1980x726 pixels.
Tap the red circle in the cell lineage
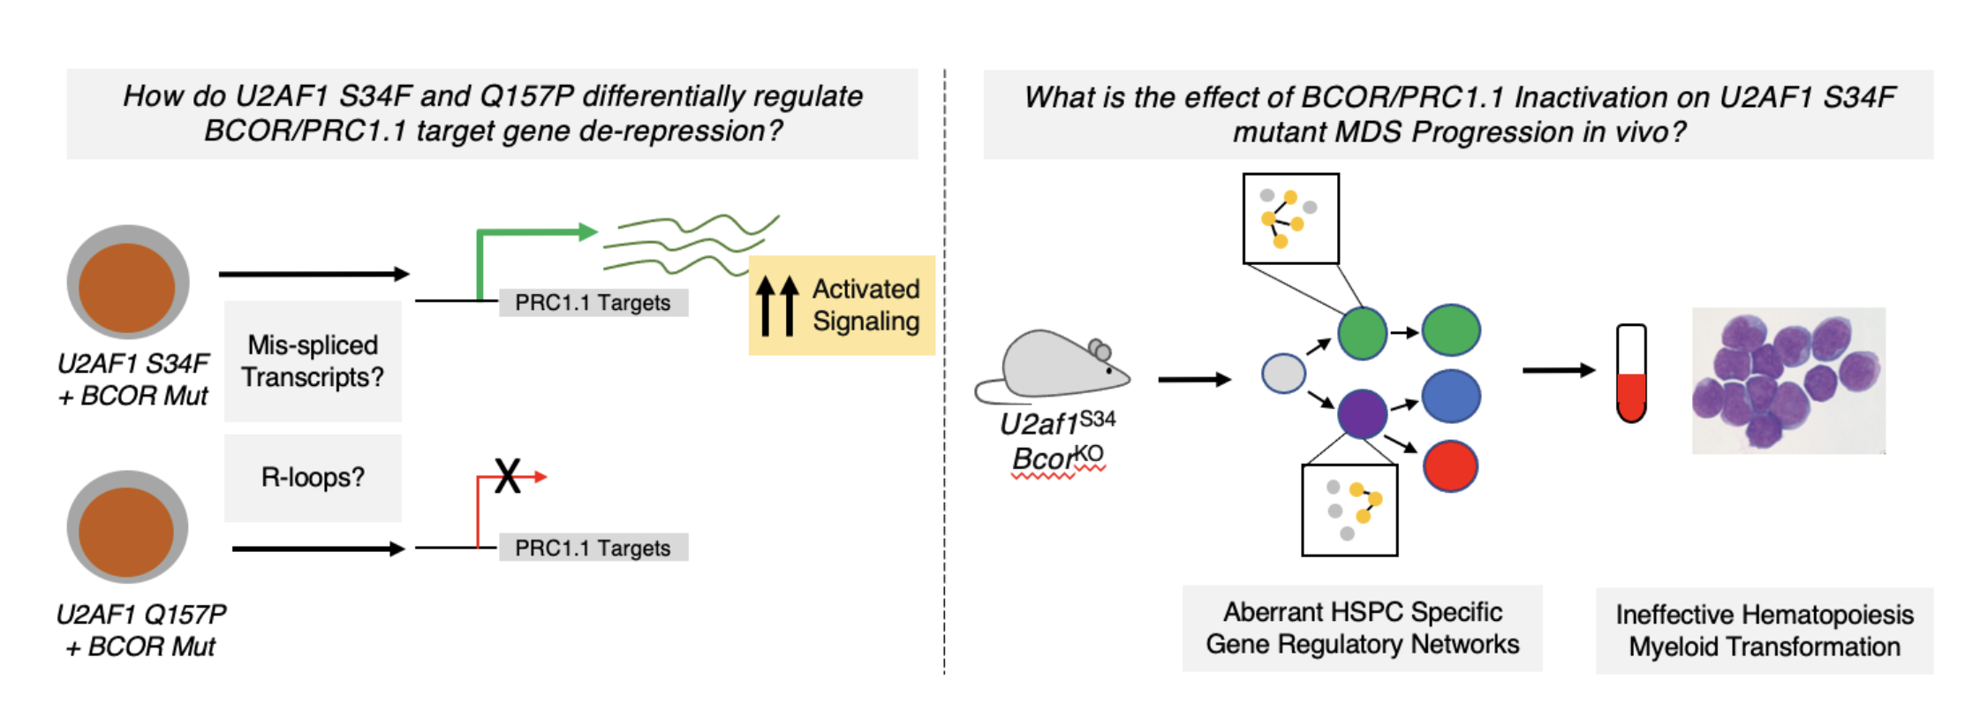coord(1450,465)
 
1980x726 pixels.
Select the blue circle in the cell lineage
coord(1451,397)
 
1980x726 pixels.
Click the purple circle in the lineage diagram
coord(1362,413)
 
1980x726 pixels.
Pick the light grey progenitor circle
coord(1283,373)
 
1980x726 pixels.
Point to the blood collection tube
coord(1631,373)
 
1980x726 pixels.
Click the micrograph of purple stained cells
coord(1788,381)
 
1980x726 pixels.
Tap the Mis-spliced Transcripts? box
coord(313,361)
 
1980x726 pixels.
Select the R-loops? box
coord(313,478)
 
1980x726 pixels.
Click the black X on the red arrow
coord(508,476)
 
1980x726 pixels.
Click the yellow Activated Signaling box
coord(842,306)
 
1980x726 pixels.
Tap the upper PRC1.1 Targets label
coord(593,303)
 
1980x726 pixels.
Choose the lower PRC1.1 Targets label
coord(593,548)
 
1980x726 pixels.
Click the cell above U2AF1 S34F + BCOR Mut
coord(128,283)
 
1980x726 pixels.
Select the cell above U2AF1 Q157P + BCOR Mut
coord(128,527)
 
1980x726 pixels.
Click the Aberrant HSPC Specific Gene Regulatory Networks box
coord(1362,628)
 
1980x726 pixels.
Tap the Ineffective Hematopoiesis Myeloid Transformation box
coord(1764,631)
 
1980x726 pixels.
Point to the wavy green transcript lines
coord(689,243)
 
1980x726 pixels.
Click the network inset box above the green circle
coord(1290,218)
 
